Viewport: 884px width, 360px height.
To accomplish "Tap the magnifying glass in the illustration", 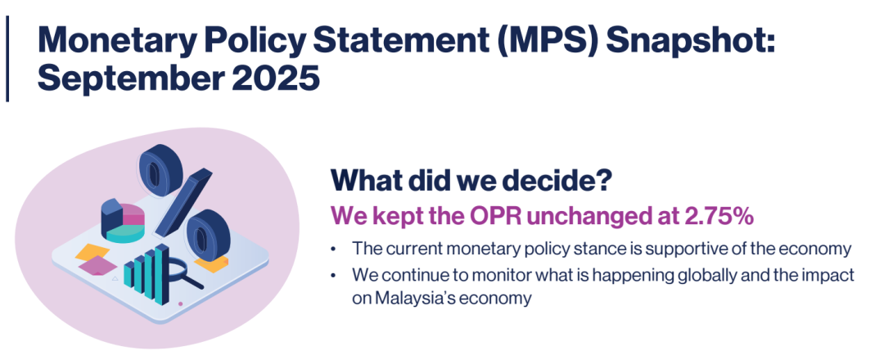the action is point(183,270).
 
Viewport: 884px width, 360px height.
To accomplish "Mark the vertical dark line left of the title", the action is point(7,59).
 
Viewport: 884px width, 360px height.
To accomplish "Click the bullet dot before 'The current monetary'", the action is point(335,249).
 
